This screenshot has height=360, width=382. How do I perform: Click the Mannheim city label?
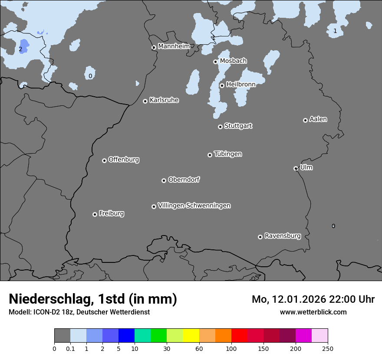click(174, 46)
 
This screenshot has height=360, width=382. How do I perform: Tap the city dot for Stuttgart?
click(220, 127)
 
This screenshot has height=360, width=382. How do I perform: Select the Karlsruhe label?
click(164, 100)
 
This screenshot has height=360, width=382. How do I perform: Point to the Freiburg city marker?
click(95, 214)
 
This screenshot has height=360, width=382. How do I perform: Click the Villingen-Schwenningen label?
click(194, 206)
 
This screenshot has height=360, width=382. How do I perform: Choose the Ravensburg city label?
click(283, 236)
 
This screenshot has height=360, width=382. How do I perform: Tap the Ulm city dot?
click(296, 168)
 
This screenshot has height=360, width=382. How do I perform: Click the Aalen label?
click(318, 119)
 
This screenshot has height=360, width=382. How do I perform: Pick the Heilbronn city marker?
click(222, 85)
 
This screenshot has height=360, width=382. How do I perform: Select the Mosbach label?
click(233, 61)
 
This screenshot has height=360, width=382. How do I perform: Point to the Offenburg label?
click(124, 160)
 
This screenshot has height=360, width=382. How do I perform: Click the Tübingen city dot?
click(210, 155)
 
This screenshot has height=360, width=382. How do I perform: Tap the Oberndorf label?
click(184, 180)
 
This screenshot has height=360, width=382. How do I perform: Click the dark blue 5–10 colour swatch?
click(126, 336)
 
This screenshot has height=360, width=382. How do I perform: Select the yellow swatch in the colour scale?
click(191, 336)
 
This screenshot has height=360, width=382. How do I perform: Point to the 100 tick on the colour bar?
click(231, 348)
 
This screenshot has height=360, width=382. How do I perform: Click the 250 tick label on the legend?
click(328, 348)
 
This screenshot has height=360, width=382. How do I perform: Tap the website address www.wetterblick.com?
click(313, 312)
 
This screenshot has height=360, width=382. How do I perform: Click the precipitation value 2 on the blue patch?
click(20, 49)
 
